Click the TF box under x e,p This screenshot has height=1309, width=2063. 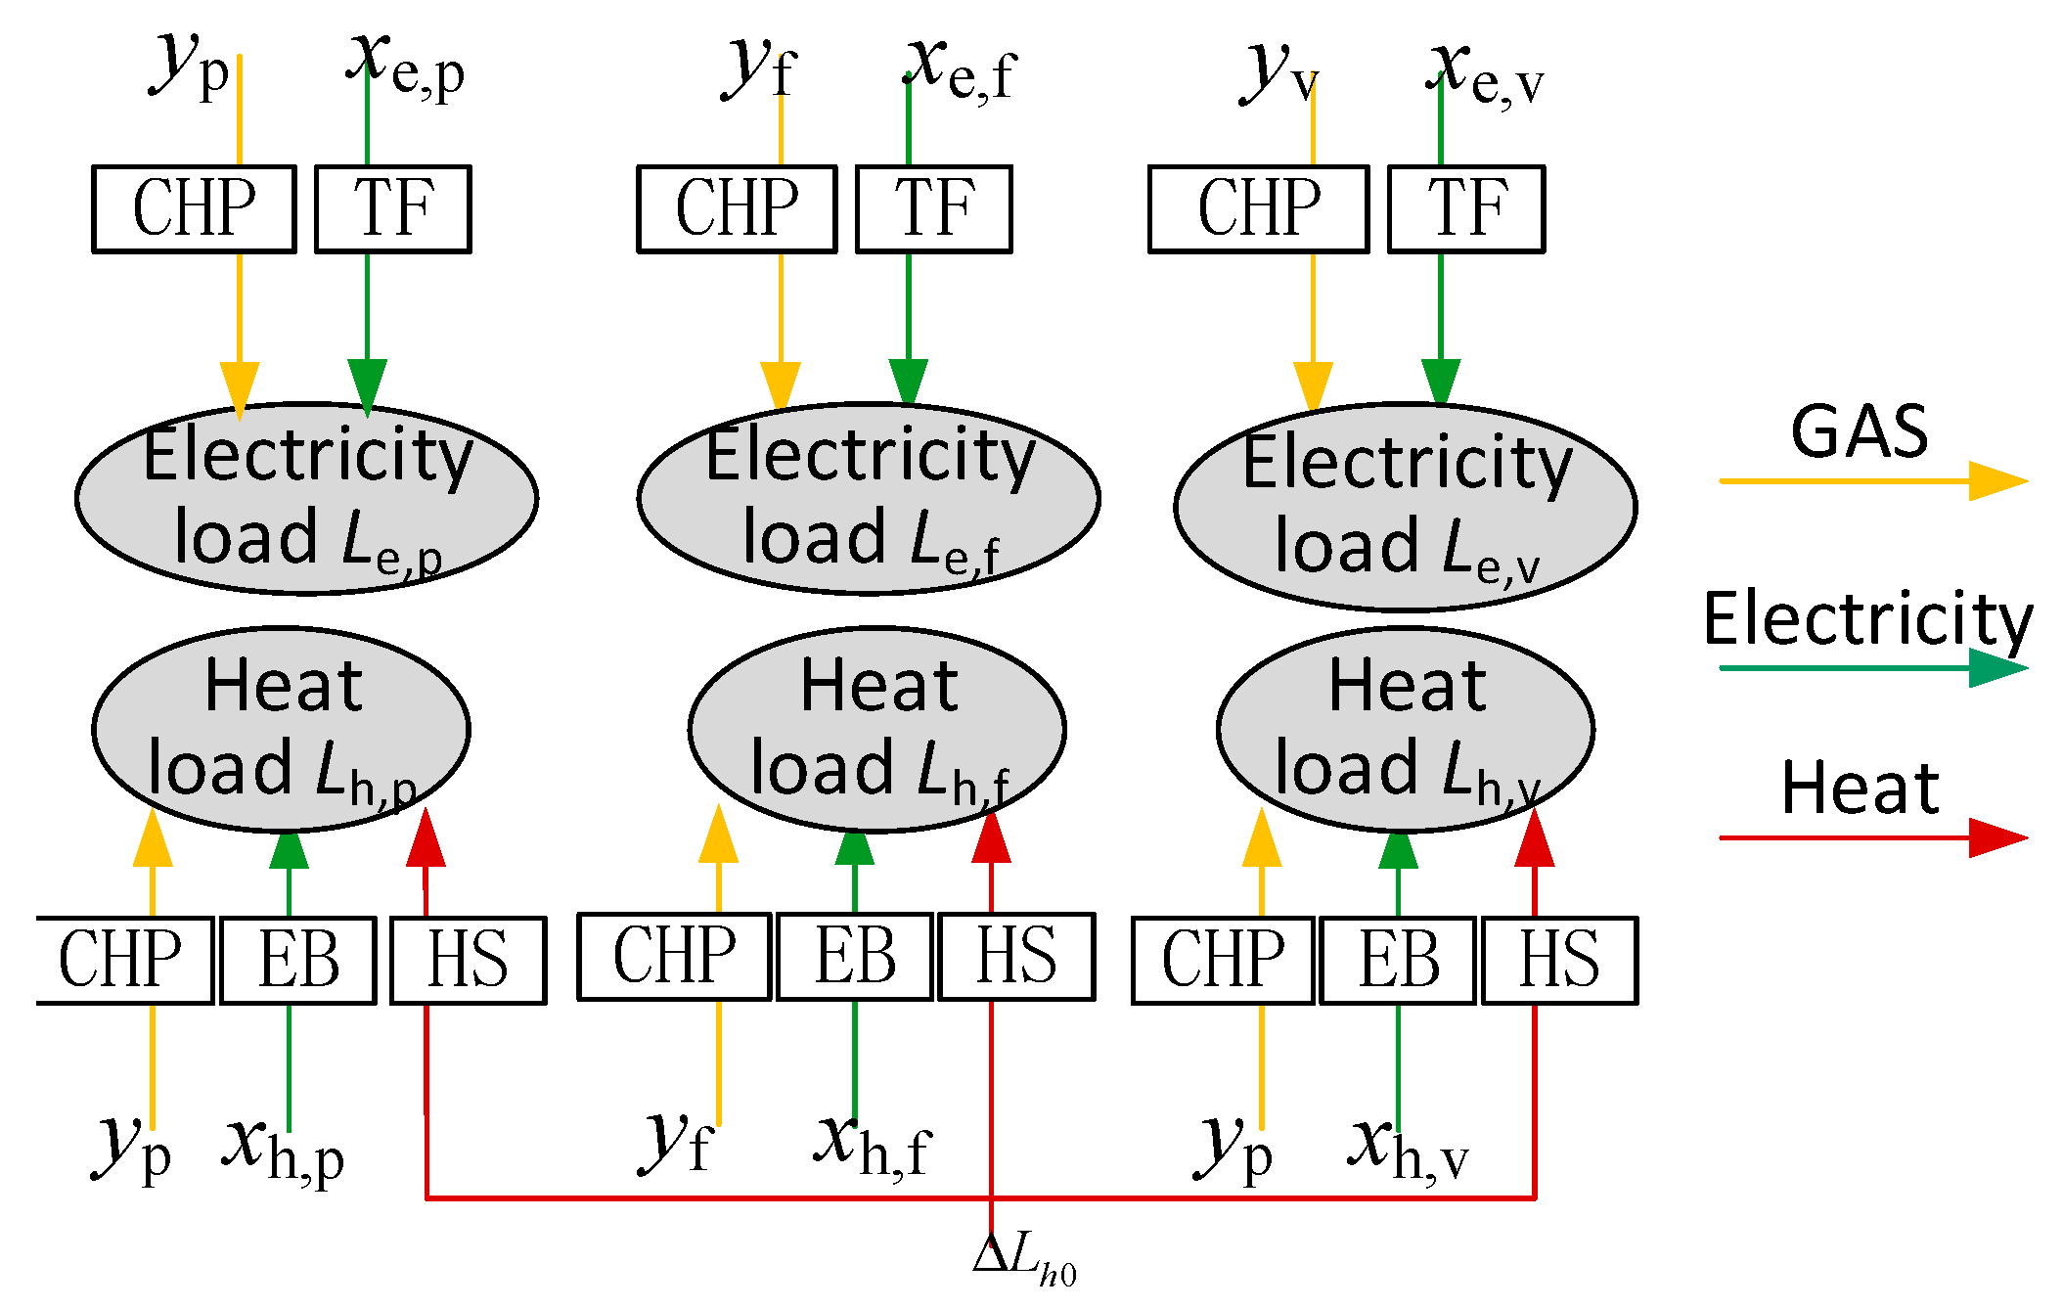pyautogui.click(x=392, y=209)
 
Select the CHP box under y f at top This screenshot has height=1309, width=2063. pyautogui.click(x=737, y=209)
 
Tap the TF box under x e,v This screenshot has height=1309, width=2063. pyautogui.click(x=1465, y=209)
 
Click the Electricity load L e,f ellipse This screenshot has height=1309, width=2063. pyautogui.click(x=868, y=498)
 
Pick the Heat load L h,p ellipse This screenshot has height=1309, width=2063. pyautogui.click(x=281, y=729)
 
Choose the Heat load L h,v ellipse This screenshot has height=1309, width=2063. pyautogui.click(x=1405, y=729)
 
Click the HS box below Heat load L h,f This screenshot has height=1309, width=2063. pyautogui.click(x=1015, y=957)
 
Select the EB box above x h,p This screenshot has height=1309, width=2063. pyautogui.click(x=297, y=960)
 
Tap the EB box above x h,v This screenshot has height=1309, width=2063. pyautogui.click(x=1397, y=960)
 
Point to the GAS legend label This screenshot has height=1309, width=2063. pyautogui.click(x=1859, y=431)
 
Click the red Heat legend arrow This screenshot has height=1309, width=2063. pyautogui.click(x=1872, y=837)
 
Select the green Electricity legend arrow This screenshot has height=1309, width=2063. pyautogui.click(x=1872, y=668)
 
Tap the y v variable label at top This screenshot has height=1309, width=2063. pyautogui.click(x=1278, y=73)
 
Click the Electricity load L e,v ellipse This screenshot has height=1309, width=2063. pyautogui.click(x=1405, y=506)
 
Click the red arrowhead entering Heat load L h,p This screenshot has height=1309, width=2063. pyautogui.click(x=426, y=839)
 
